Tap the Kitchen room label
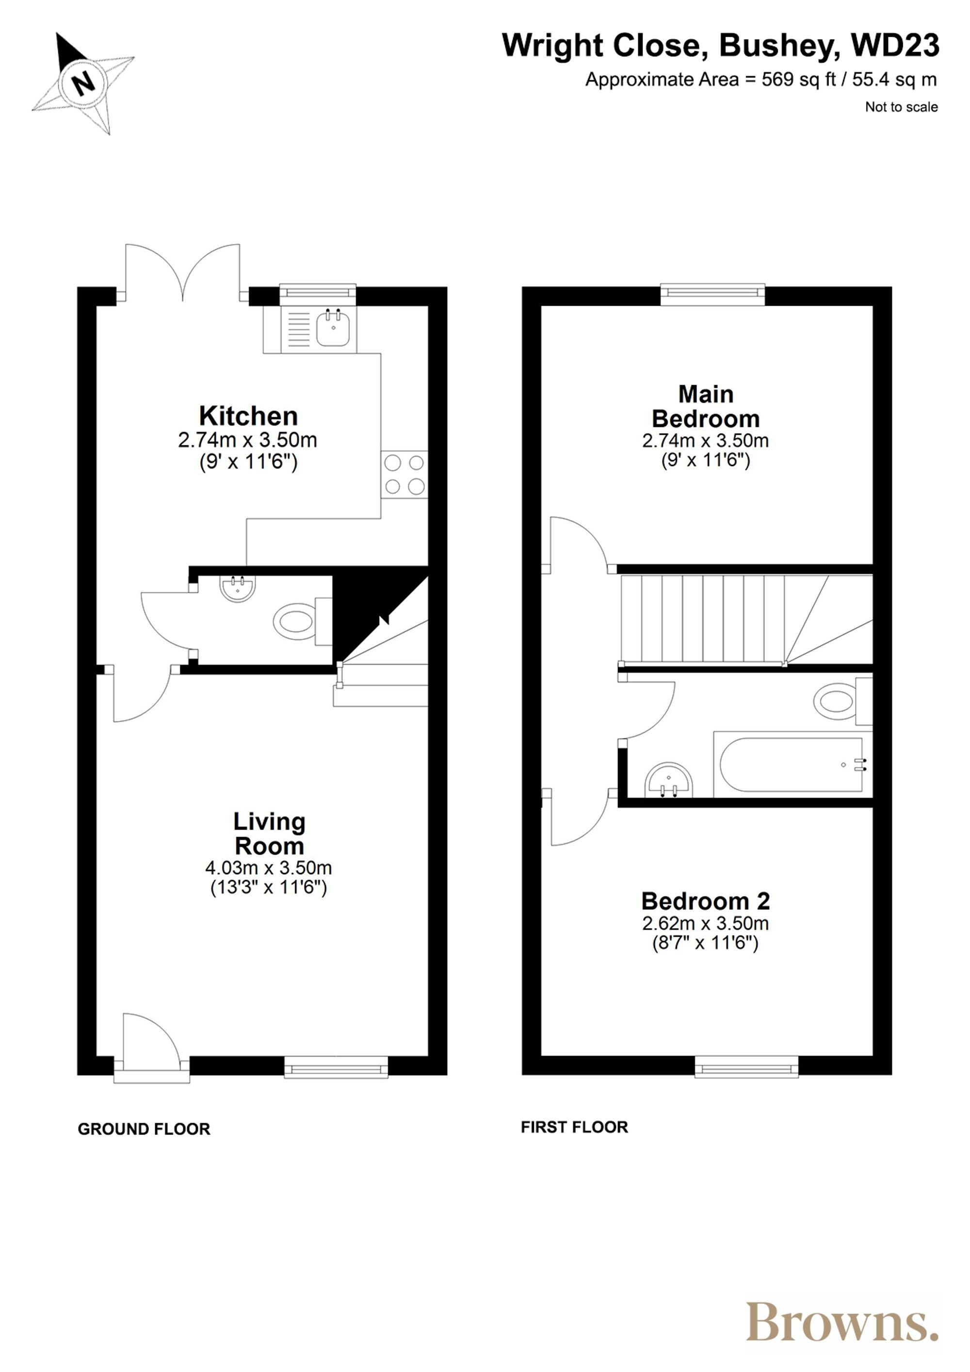point(248,416)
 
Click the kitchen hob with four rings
point(404,474)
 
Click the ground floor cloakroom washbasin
point(238,588)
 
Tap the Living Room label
point(269,833)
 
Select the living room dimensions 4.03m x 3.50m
point(269,867)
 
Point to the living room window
point(336,1067)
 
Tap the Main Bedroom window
point(712,292)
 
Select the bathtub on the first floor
point(792,766)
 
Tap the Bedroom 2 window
point(746,1067)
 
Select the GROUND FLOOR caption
point(144,1129)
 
